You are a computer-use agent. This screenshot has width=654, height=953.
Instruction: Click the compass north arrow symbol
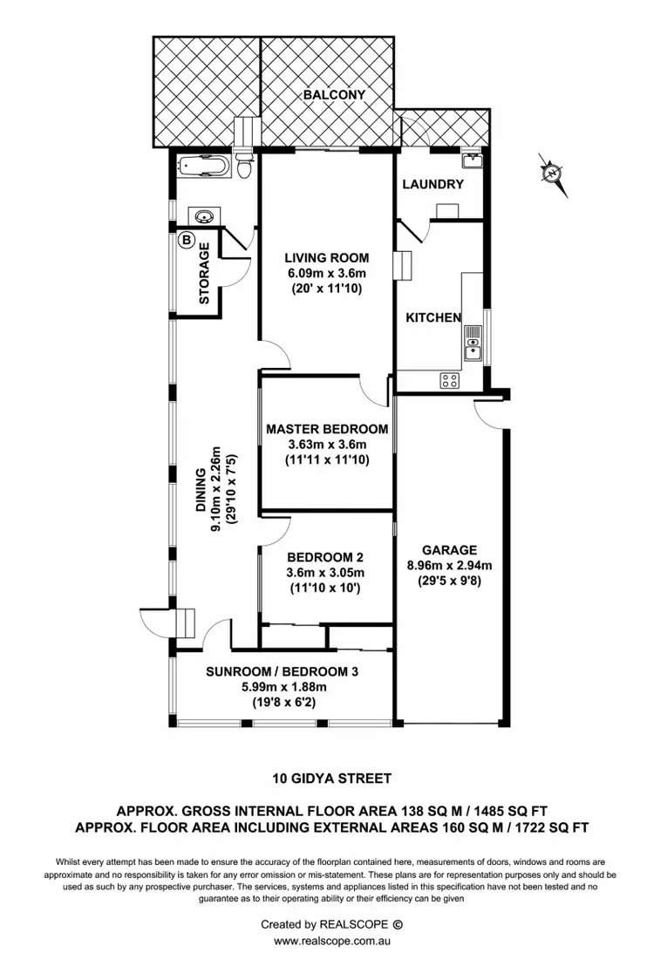[551, 174]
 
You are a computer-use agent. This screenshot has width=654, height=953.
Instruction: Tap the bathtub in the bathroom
[206, 166]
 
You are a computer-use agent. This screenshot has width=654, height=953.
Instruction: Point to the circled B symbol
[186, 239]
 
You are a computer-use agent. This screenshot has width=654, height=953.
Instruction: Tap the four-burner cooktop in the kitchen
[450, 379]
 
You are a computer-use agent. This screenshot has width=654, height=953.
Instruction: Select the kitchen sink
[472, 343]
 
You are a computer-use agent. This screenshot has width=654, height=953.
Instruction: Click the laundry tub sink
[473, 160]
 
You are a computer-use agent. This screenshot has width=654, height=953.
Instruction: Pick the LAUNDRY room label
[433, 184]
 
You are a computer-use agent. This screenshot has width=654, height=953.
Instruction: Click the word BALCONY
[334, 94]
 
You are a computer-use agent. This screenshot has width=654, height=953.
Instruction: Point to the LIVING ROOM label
[327, 257]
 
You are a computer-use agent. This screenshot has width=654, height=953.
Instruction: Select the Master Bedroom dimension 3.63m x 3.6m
[327, 444]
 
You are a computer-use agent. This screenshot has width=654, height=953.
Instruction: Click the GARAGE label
[449, 549]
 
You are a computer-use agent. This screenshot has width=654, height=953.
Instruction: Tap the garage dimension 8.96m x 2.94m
[449, 565]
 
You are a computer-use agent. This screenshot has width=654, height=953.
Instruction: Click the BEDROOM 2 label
[325, 557]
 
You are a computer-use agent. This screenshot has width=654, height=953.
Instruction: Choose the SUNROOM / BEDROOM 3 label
[282, 671]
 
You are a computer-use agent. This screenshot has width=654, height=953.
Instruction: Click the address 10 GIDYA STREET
[327, 779]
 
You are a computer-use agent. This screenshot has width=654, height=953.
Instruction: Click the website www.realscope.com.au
[327, 941]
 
